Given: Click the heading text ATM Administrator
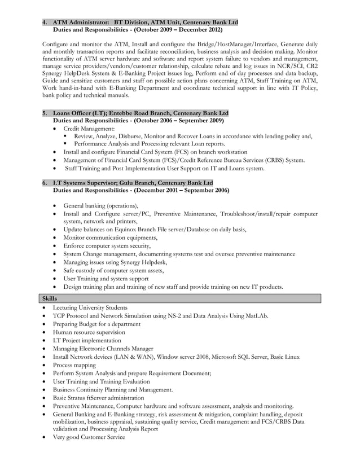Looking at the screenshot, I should click(x=81, y=22).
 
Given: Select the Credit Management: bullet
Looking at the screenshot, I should click(x=89, y=129).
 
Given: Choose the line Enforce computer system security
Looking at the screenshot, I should click(x=107, y=246).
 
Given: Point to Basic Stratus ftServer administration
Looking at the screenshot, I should click(x=98, y=398).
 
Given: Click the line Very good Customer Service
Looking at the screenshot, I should click(x=89, y=437).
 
